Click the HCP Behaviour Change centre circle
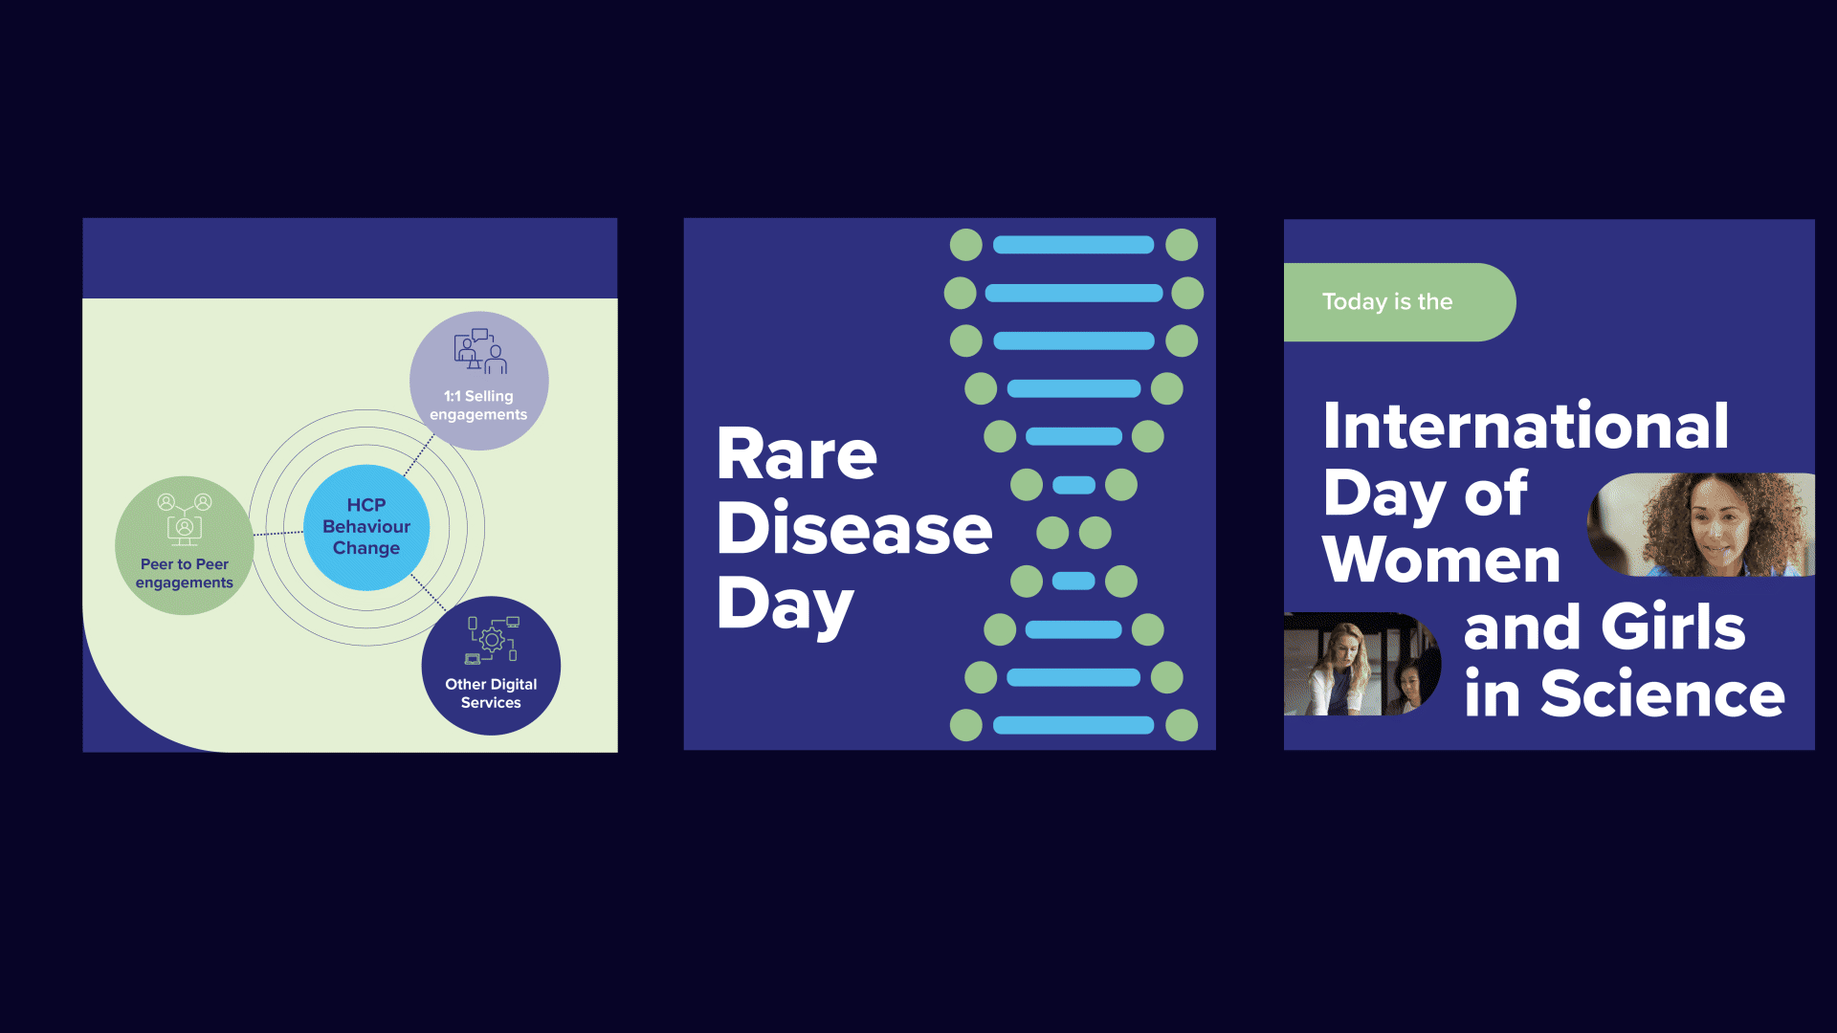366,527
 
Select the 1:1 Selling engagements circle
478,381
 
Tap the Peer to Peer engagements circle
185,545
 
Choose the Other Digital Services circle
491,666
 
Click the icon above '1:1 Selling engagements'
480,351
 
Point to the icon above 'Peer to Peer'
185,518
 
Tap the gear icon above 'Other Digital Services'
492,640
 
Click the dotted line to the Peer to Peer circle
278,533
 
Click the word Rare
797,454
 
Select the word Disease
854,528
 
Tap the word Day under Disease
786,606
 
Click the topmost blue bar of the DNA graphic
1073,245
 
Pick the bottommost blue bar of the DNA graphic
1073,725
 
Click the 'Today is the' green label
1400,302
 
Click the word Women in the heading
1441,559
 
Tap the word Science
1663,693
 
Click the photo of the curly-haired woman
1701,524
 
